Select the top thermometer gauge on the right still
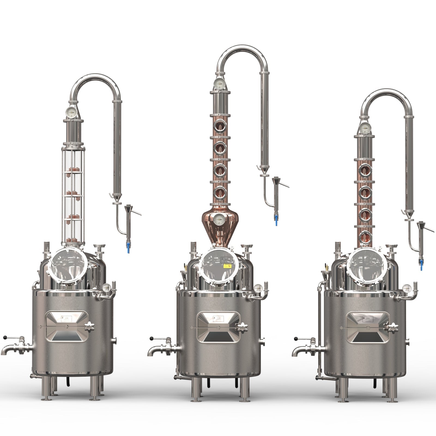[x=365, y=128]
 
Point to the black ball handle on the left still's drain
[x=5, y=338]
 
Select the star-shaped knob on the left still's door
[x=89, y=326]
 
